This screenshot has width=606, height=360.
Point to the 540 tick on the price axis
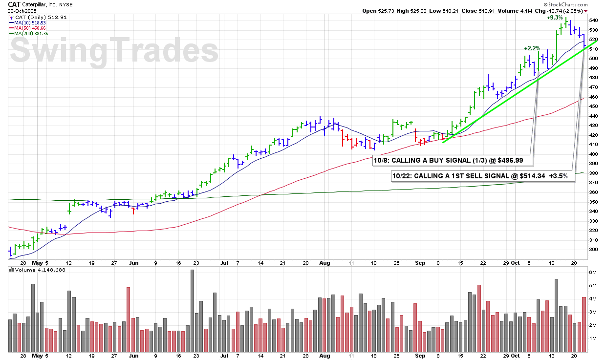coord(594,21)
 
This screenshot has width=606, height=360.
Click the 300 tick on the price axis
coord(594,249)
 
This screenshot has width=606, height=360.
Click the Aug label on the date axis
coord(325,263)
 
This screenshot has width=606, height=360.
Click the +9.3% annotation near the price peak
coord(554,18)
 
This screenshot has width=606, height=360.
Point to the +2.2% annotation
coord(532,48)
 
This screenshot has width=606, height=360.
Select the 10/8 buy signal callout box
coord(453,160)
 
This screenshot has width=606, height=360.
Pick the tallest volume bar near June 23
coord(192,310)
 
